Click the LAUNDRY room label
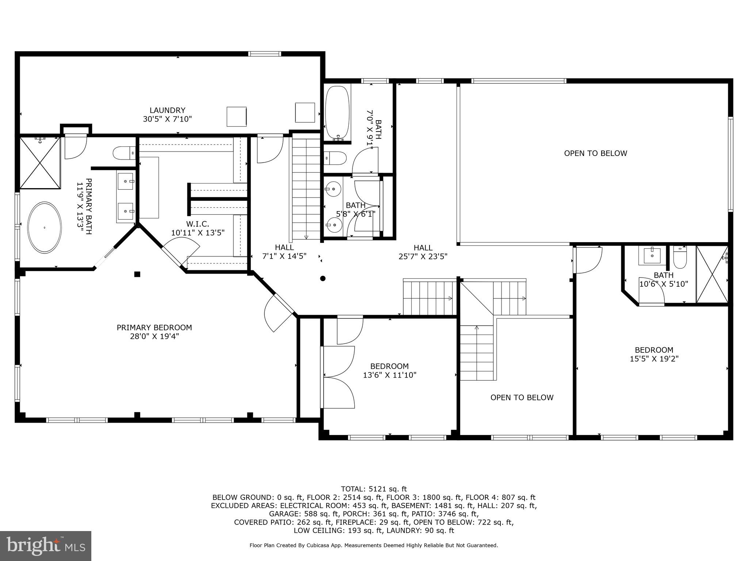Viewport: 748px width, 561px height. [167, 110]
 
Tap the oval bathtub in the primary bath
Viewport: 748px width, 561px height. [45, 227]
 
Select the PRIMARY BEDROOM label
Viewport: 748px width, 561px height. [154, 328]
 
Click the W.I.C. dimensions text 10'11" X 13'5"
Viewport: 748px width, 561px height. [198, 233]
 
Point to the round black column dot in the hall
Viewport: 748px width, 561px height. [323, 279]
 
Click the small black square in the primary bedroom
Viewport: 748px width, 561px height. [137, 274]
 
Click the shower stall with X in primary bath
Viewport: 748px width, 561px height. [40, 163]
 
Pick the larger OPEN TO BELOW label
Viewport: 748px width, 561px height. [595, 153]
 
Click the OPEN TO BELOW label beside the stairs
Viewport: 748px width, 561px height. [522, 397]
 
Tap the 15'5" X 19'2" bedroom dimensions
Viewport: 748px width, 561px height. [654, 359]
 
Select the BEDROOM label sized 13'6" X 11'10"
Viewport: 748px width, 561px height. [389, 366]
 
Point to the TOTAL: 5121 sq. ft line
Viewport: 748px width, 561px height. [374, 489]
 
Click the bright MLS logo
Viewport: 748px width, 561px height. [46, 546]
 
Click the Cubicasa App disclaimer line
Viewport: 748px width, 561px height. [374, 545]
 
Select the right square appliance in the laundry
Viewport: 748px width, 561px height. [305, 113]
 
